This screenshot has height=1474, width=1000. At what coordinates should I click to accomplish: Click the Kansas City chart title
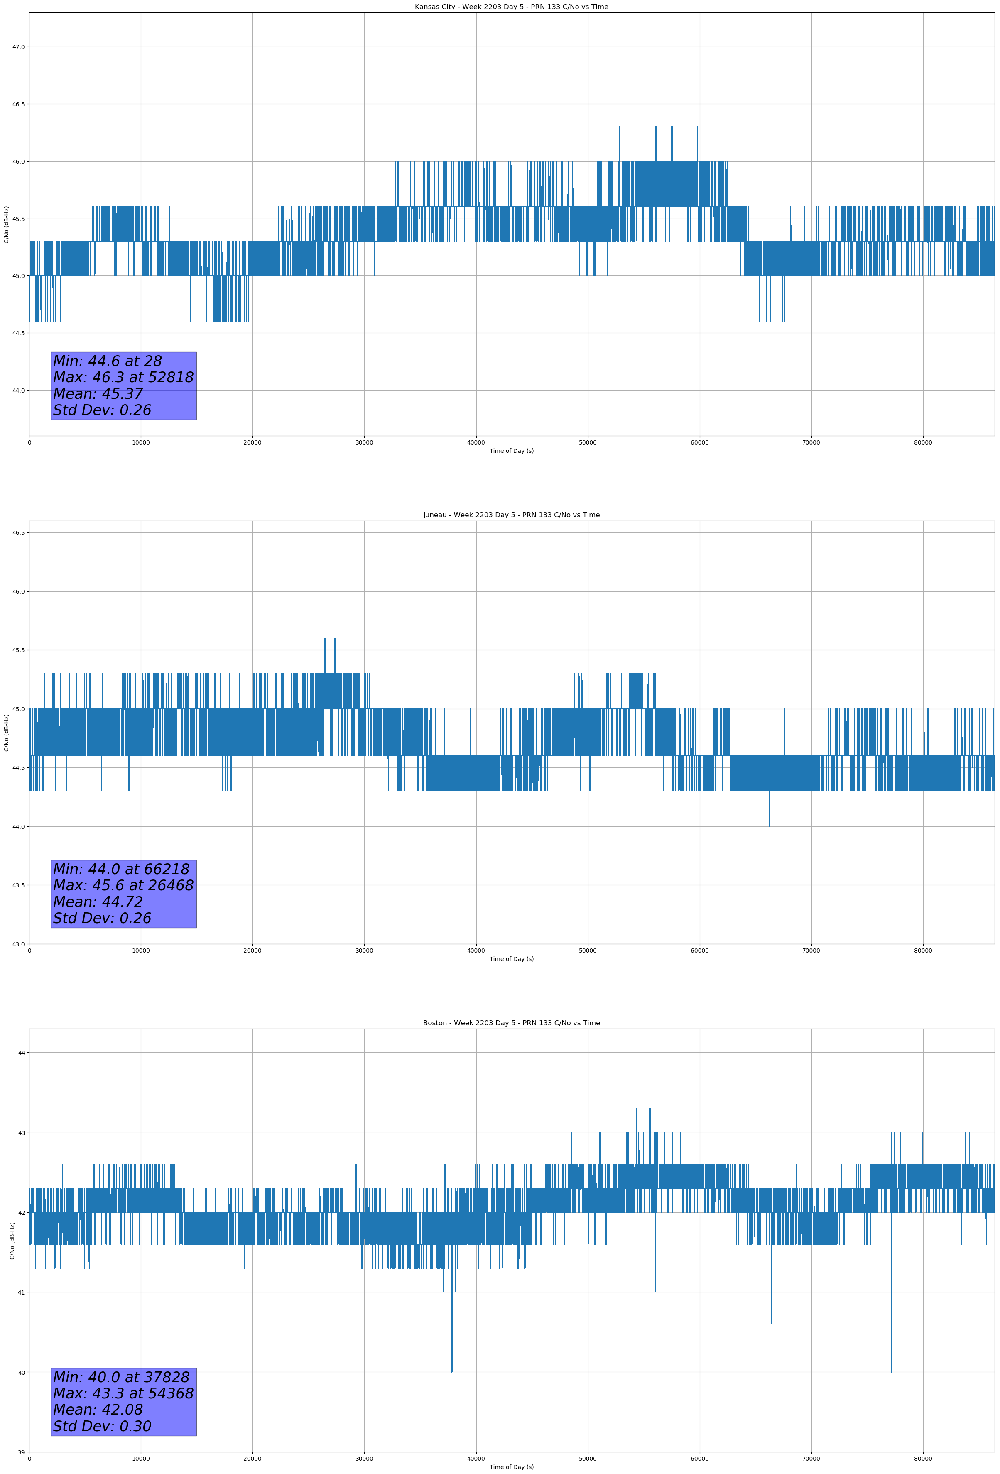pyautogui.click(x=511, y=7)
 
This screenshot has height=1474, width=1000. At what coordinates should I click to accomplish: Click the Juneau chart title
pyautogui.click(x=511, y=515)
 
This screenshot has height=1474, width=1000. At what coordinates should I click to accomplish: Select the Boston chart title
pyautogui.click(x=511, y=1023)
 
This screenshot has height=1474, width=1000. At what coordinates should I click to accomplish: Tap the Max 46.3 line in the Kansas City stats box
pyautogui.click(x=123, y=377)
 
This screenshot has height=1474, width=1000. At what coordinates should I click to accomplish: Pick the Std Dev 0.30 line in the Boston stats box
pyautogui.click(x=102, y=1426)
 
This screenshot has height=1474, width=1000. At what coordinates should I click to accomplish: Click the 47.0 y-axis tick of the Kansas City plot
pyautogui.click(x=18, y=47)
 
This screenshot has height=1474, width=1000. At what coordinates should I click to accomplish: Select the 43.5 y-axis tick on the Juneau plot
pyautogui.click(x=18, y=885)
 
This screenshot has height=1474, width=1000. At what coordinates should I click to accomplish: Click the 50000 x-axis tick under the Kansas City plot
pyautogui.click(x=588, y=443)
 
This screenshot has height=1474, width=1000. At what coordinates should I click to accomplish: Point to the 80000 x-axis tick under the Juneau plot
pyautogui.click(x=923, y=951)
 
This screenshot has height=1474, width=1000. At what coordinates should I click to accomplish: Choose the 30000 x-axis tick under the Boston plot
pyautogui.click(x=364, y=1459)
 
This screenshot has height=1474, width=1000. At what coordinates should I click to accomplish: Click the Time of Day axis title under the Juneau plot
pyautogui.click(x=511, y=959)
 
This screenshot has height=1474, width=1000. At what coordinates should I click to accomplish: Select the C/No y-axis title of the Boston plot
pyautogui.click(x=12, y=1241)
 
